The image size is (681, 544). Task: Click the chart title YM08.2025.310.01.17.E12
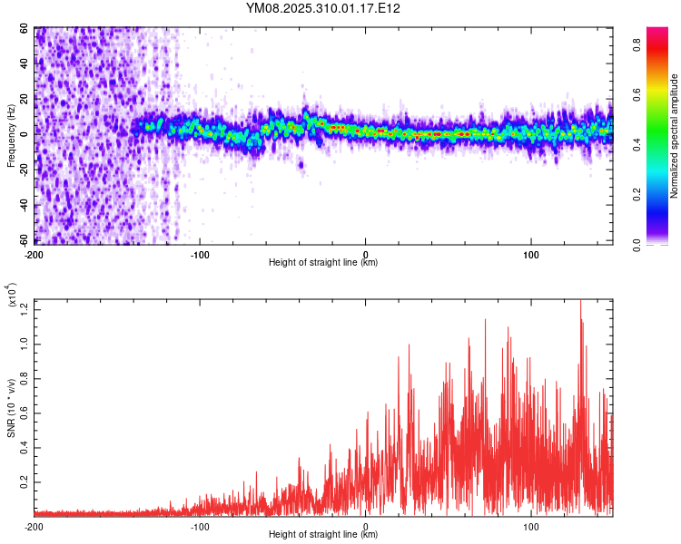click(323, 8)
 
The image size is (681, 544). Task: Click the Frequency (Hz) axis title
click(12, 136)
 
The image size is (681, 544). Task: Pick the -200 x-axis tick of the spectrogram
click(35, 253)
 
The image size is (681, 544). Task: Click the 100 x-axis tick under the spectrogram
click(532, 253)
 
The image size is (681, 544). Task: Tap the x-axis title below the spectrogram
click(323, 263)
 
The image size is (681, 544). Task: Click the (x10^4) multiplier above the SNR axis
click(13, 297)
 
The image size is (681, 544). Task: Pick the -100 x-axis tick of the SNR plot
click(200, 527)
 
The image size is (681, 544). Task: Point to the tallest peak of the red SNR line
click(581, 302)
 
